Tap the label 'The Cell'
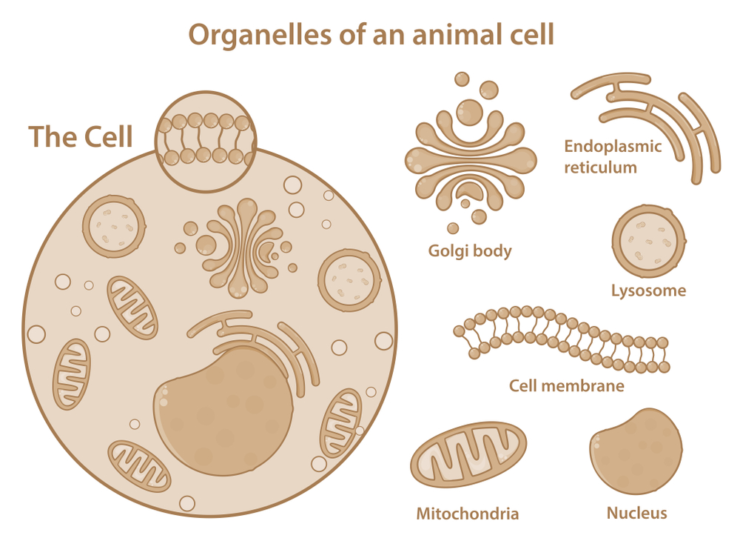[81, 137]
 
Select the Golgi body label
[470, 251]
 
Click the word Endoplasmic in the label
[613, 146]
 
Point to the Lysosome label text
[648, 290]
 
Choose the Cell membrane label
[566, 386]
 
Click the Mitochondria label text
[467, 514]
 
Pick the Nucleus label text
[636, 513]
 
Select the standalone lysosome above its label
[649, 242]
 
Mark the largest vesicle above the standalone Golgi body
[468, 113]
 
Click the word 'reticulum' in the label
[600, 167]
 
